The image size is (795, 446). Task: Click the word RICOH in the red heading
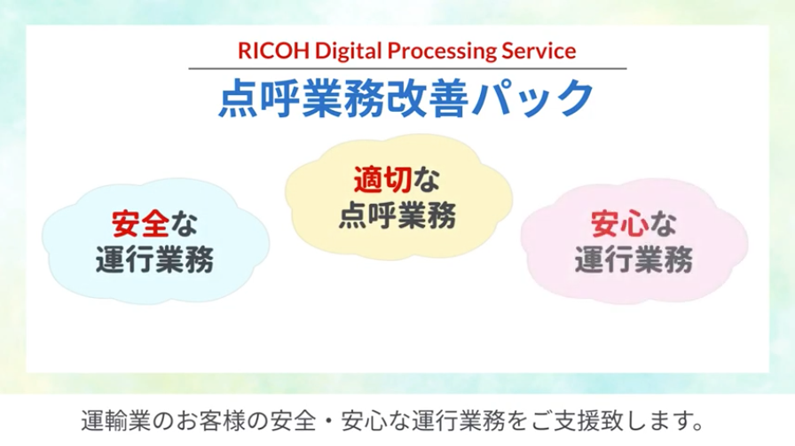(273, 51)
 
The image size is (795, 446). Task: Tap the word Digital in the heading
(349, 52)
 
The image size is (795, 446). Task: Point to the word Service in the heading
(539, 51)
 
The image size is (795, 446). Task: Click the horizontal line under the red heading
(407, 68)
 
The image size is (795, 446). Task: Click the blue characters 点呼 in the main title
(260, 98)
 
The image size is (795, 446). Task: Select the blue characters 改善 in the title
(428, 98)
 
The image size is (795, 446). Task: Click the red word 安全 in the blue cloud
(140, 224)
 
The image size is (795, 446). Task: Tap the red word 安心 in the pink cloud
(619, 224)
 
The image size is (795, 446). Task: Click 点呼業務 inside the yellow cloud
(397, 215)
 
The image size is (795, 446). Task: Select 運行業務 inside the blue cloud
(154, 260)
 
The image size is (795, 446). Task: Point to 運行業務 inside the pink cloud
(634, 260)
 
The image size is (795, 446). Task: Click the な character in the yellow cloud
(426, 180)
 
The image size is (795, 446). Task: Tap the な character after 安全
(184, 224)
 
